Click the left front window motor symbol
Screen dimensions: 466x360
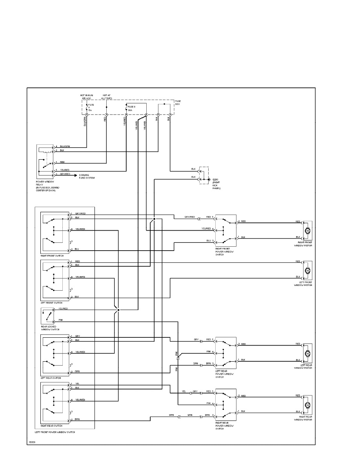pyautogui.click(x=307, y=271)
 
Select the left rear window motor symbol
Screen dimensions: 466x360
pyautogui.click(x=307, y=353)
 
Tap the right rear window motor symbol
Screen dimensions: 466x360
pyautogui.click(x=307, y=404)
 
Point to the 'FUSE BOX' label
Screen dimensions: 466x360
pyautogui.click(x=178, y=103)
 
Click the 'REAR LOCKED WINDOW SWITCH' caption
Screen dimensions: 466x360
pyautogui.click(x=50, y=328)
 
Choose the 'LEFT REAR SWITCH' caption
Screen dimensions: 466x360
pyautogui.click(x=51, y=378)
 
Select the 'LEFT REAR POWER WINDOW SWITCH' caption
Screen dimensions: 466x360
pyautogui.click(x=225, y=374)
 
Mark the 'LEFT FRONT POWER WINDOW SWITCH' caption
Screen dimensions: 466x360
pyautogui.click(x=55, y=432)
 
